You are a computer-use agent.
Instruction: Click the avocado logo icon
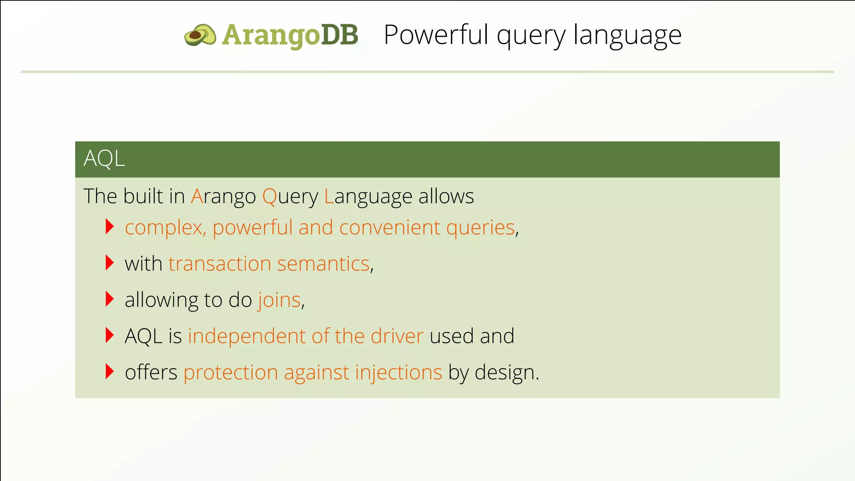[200, 35]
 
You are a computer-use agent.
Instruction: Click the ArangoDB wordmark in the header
[290, 35]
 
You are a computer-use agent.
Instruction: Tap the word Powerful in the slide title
[435, 35]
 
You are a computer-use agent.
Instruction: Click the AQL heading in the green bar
[104, 159]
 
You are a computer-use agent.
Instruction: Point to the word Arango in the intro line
[223, 196]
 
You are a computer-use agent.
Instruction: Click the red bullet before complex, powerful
[110, 227]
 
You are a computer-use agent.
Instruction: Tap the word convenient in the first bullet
[390, 228]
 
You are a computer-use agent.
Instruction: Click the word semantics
[324, 264]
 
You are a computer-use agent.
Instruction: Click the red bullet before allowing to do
[110, 299]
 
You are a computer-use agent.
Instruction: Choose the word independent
[247, 337]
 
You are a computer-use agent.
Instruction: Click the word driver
[397, 336]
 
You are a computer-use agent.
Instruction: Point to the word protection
[230, 373]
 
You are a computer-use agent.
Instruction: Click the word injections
[398, 373]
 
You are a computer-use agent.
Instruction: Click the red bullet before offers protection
[110, 372]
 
